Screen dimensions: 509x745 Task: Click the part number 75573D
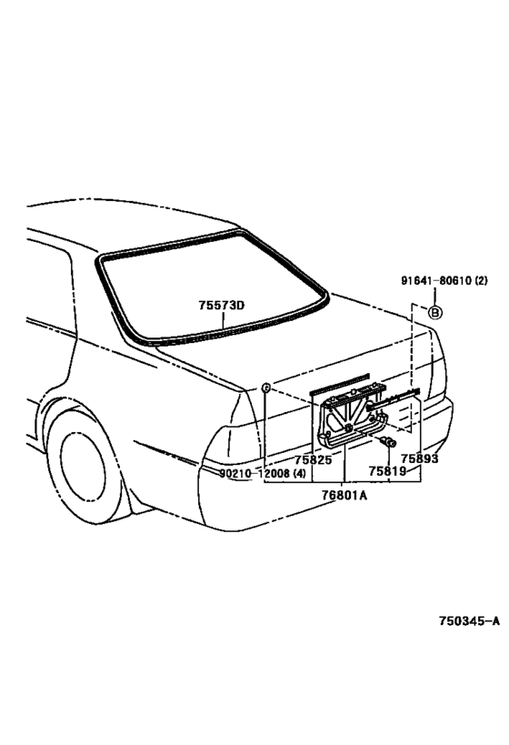[221, 305]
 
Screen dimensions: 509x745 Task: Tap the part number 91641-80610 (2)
[444, 281]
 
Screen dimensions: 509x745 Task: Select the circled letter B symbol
[435, 312]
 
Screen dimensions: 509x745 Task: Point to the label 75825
[314, 460]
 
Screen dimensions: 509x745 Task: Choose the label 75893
[419, 458]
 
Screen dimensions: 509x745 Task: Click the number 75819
[387, 471]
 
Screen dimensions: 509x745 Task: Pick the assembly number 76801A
[344, 496]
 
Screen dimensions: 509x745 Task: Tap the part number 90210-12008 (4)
[263, 473]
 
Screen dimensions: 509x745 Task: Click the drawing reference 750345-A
[469, 620]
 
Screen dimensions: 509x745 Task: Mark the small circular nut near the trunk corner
[266, 388]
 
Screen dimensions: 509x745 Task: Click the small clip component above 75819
[388, 442]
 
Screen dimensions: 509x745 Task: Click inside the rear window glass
[209, 280]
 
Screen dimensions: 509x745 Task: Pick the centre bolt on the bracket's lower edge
[349, 428]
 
